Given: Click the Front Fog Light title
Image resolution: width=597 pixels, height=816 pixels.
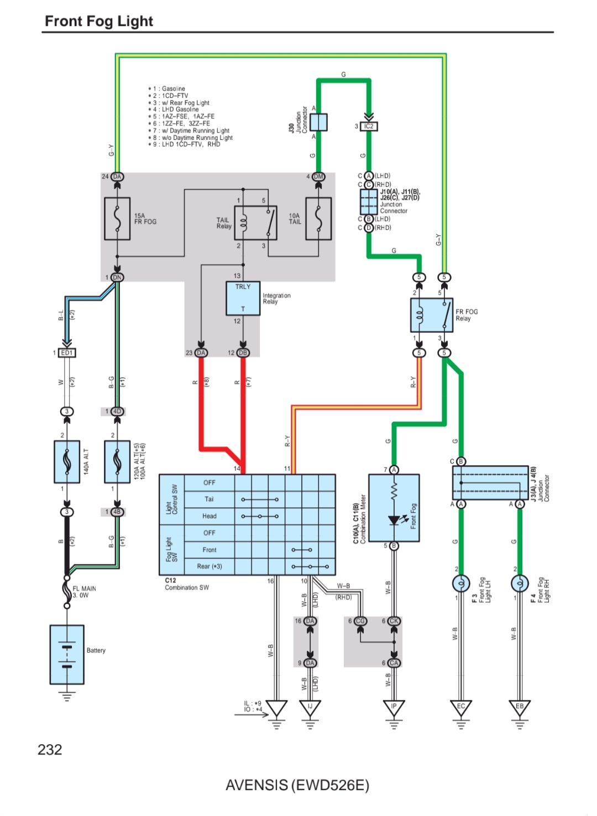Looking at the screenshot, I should point(99,21).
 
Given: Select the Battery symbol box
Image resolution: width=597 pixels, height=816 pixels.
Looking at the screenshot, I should point(67,655).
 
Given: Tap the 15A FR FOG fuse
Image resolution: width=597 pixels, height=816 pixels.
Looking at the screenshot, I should point(117,219).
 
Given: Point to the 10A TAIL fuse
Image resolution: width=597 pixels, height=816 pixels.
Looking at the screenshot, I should point(318,219).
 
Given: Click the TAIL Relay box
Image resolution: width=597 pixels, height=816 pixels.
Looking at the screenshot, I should point(255,223).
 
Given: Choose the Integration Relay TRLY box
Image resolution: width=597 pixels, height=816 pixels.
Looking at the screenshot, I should point(243,298).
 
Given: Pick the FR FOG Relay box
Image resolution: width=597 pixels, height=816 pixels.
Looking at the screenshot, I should point(432,315).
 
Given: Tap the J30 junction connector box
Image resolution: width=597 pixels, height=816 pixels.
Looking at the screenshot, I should point(318,122).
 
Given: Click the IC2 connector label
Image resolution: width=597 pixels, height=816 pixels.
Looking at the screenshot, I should point(369,127).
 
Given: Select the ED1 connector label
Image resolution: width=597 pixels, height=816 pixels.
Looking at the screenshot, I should point(67,352).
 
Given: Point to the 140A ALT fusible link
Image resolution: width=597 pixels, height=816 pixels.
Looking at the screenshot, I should point(67,461).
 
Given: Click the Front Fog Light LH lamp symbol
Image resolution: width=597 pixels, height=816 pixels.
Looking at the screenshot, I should point(461,583).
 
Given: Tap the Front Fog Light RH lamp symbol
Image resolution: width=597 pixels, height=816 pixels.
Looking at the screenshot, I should point(520,583).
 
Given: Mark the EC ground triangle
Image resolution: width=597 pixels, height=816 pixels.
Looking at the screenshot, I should point(461,708).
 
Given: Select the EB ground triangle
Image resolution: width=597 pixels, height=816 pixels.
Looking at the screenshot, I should point(520,708).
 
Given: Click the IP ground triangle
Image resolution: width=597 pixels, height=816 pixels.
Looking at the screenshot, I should point(394,708).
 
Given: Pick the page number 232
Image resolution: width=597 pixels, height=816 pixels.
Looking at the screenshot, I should point(50,750).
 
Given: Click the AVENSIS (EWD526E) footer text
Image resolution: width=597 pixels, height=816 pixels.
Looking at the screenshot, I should point(297,785).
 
